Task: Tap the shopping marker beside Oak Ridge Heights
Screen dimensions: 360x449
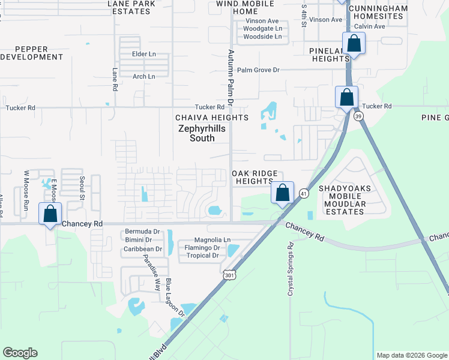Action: click(282, 193)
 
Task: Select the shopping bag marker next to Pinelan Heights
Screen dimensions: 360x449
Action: click(354, 44)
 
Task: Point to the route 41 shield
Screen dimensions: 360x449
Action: click(304, 193)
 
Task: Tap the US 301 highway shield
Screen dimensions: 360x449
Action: click(229, 274)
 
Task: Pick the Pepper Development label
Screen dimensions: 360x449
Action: click(31, 52)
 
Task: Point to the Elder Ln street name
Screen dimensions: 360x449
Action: click(143, 54)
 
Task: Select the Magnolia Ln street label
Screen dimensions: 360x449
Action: click(210, 240)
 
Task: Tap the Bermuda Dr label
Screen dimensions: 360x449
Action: click(143, 232)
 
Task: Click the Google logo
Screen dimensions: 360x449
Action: click(20, 353)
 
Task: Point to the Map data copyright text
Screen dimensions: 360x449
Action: click(411, 355)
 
